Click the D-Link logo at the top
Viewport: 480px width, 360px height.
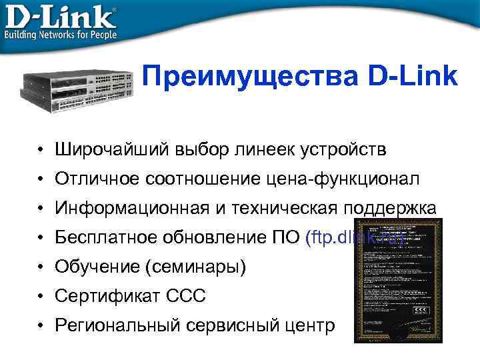(x=60, y=15)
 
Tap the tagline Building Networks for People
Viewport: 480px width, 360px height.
(x=61, y=34)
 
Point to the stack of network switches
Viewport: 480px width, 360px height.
(x=80, y=87)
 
